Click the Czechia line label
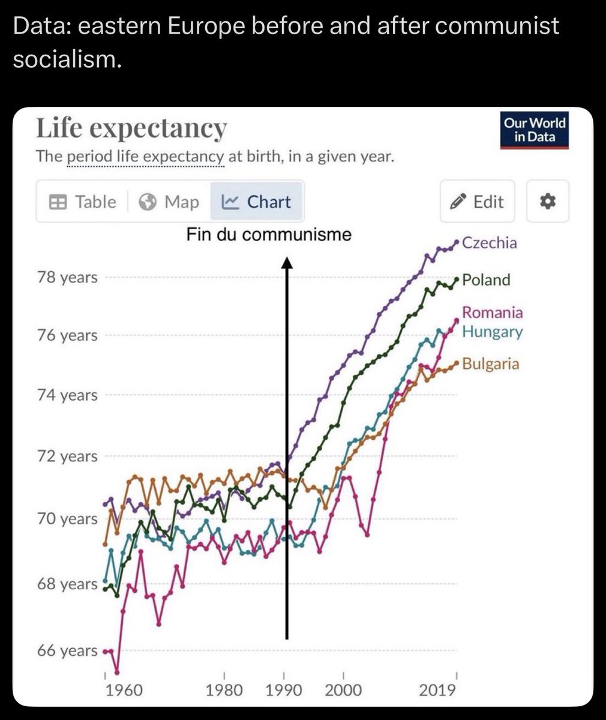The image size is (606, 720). click(x=489, y=243)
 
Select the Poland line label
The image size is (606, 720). click(x=486, y=280)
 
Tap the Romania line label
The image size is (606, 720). click(x=492, y=312)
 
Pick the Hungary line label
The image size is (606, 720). click(x=492, y=332)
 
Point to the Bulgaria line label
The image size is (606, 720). click(x=490, y=364)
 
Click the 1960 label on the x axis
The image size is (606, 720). click(x=124, y=690)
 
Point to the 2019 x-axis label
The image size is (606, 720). click(x=437, y=690)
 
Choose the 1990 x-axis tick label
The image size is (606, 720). click(x=284, y=690)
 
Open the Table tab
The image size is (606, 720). click(x=82, y=202)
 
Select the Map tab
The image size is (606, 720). click(x=169, y=202)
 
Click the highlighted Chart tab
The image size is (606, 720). click(x=256, y=202)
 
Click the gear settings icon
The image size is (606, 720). click(x=548, y=202)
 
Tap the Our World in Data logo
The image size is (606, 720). click(x=534, y=130)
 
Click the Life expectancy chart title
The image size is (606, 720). click(x=131, y=128)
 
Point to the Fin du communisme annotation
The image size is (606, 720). click(x=269, y=234)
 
